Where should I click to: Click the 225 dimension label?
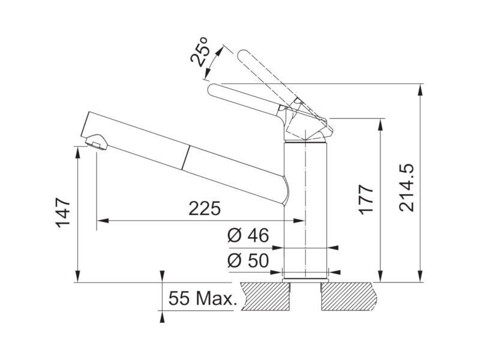click(x=205, y=208)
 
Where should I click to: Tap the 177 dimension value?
click(x=366, y=199)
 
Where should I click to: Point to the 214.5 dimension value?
click(x=407, y=187)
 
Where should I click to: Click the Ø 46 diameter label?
click(x=248, y=235)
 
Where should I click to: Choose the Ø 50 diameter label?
click(x=248, y=260)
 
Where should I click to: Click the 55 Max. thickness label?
click(x=203, y=298)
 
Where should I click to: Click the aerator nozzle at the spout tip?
click(x=96, y=142)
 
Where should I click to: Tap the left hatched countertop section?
click(x=266, y=296)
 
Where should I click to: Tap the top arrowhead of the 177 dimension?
click(x=380, y=124)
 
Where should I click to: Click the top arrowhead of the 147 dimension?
click(x=78, y=152)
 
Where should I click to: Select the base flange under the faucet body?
click(x=305, y=280)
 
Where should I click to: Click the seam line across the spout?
click(x=186, y=157)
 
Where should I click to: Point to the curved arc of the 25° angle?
click(x=215, y=61)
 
